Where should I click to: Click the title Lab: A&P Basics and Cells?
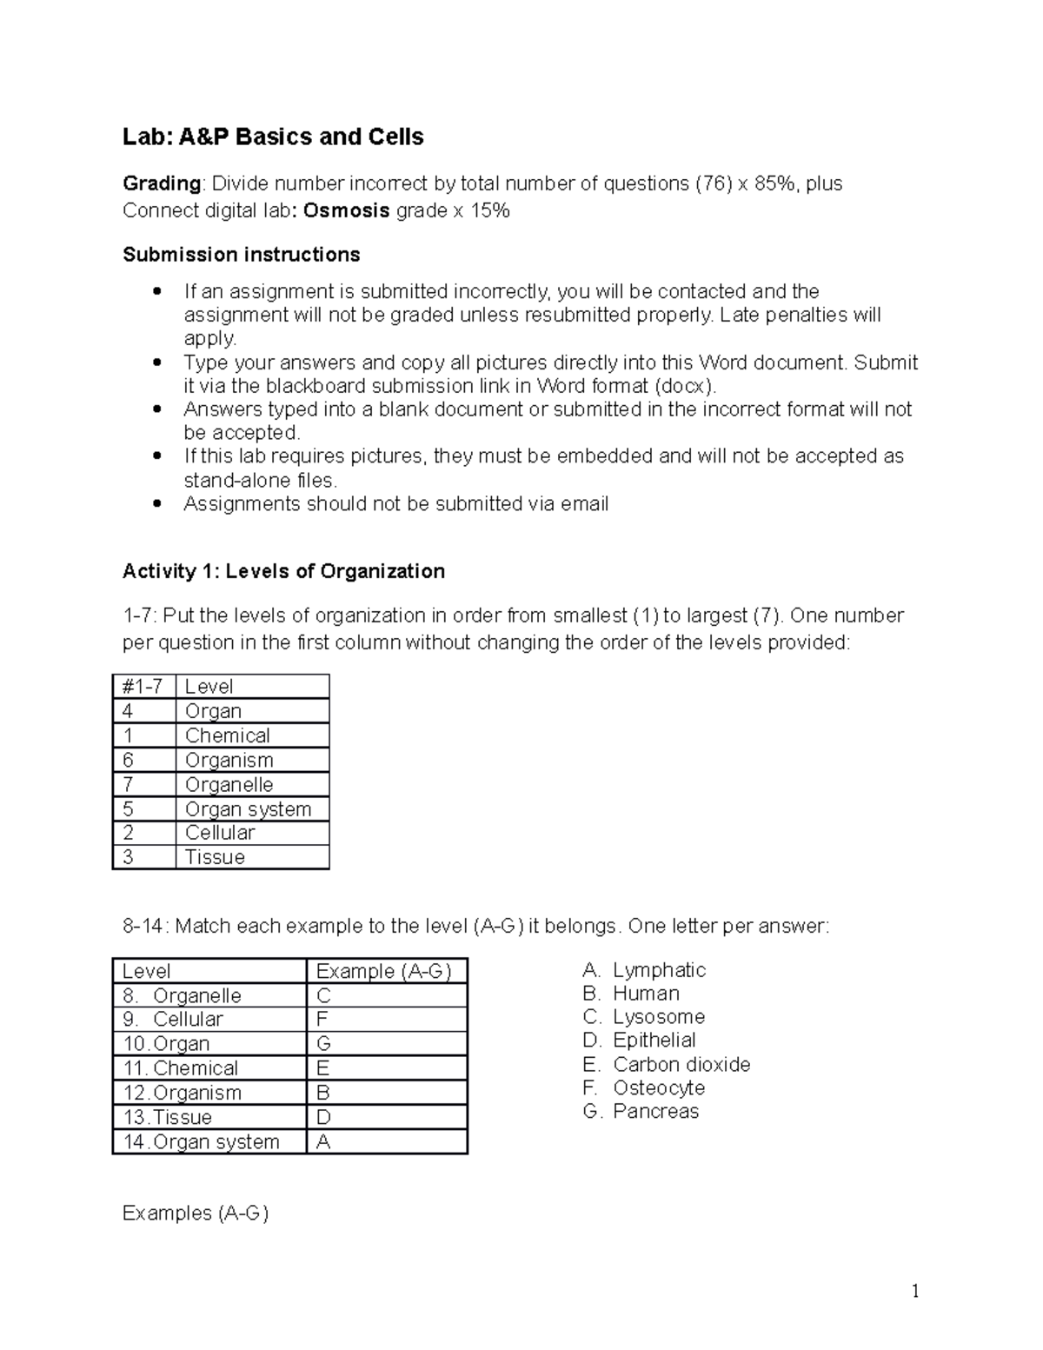pos(273,136)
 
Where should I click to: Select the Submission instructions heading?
pos(241,255)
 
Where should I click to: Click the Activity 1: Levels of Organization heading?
pos(283,571)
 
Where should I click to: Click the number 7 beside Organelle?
pos(129,784)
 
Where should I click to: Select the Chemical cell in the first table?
pos(227,735)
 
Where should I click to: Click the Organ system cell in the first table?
pos(248,808)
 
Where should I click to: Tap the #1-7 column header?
pos(143,687)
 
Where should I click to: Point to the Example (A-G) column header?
pos(383,971)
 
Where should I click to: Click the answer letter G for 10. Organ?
pos(324,1044)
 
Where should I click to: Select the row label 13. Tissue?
pos(168,1117)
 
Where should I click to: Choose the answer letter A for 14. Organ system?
pos(323,1141)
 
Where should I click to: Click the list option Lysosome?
pos(658,1017)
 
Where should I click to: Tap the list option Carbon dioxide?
pos(681,1064)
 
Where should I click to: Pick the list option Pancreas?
pos(654,1111)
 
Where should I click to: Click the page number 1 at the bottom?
pos(914,1291)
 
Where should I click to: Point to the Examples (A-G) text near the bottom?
pos(196,1213)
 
